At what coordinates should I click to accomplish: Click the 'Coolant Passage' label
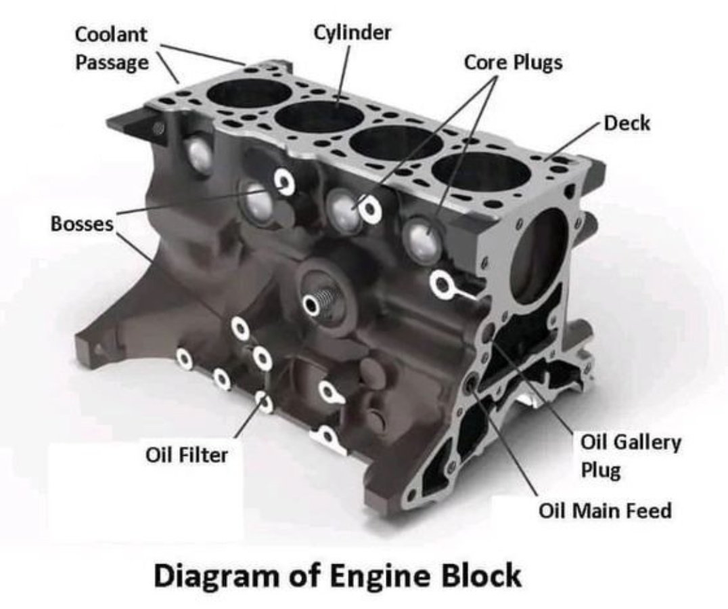coord(111,48)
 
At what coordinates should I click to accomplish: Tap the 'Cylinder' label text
coord(352,32)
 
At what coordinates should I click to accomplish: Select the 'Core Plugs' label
coord(513,62)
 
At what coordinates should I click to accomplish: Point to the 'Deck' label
coord(627,123)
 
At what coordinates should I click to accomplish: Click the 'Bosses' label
coord(82,224)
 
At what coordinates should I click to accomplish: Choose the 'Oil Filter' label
coord(187,455)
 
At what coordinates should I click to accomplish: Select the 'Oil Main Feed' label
coord(605,510)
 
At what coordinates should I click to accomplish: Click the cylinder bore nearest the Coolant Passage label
coord(246,92)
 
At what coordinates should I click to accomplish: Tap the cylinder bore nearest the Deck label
coord(480,175)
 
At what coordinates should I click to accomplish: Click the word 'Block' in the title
coord(482,576)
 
